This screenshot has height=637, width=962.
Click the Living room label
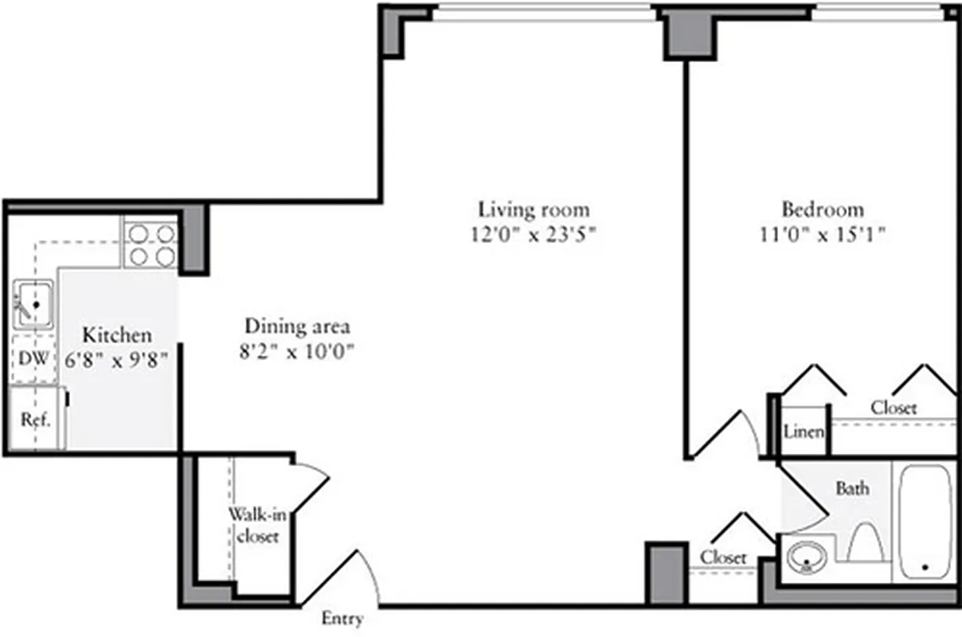pyautogui.click(x=534, y=209)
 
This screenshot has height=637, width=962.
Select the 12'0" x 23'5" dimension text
pyautogui.click(x=534, y=235)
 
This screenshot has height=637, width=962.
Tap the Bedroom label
pyautogui.click(x=823, y=209)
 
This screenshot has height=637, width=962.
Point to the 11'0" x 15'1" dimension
pyautogui.click(x=823, y=235)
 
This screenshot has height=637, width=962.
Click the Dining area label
pyautogui.click(x=297, y=326)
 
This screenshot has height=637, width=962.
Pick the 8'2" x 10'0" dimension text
pyautogui.click(x=297, y=351)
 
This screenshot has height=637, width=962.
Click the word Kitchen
pyautogui.click(x=118, y=334)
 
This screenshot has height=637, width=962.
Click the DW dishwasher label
pyautogui.click(x=33, y=359)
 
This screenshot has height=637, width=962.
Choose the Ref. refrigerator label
pyautogui.click(x=35, y=420)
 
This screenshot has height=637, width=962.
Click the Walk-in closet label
pyautogui.click(x=254, y=525)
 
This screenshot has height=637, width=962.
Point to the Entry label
pyautogui.click(x=342, y=619)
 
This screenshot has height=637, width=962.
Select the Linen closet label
pyautogui.click(x=804, y=432)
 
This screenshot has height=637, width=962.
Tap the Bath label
pyautogui.click(x=851, y=488)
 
